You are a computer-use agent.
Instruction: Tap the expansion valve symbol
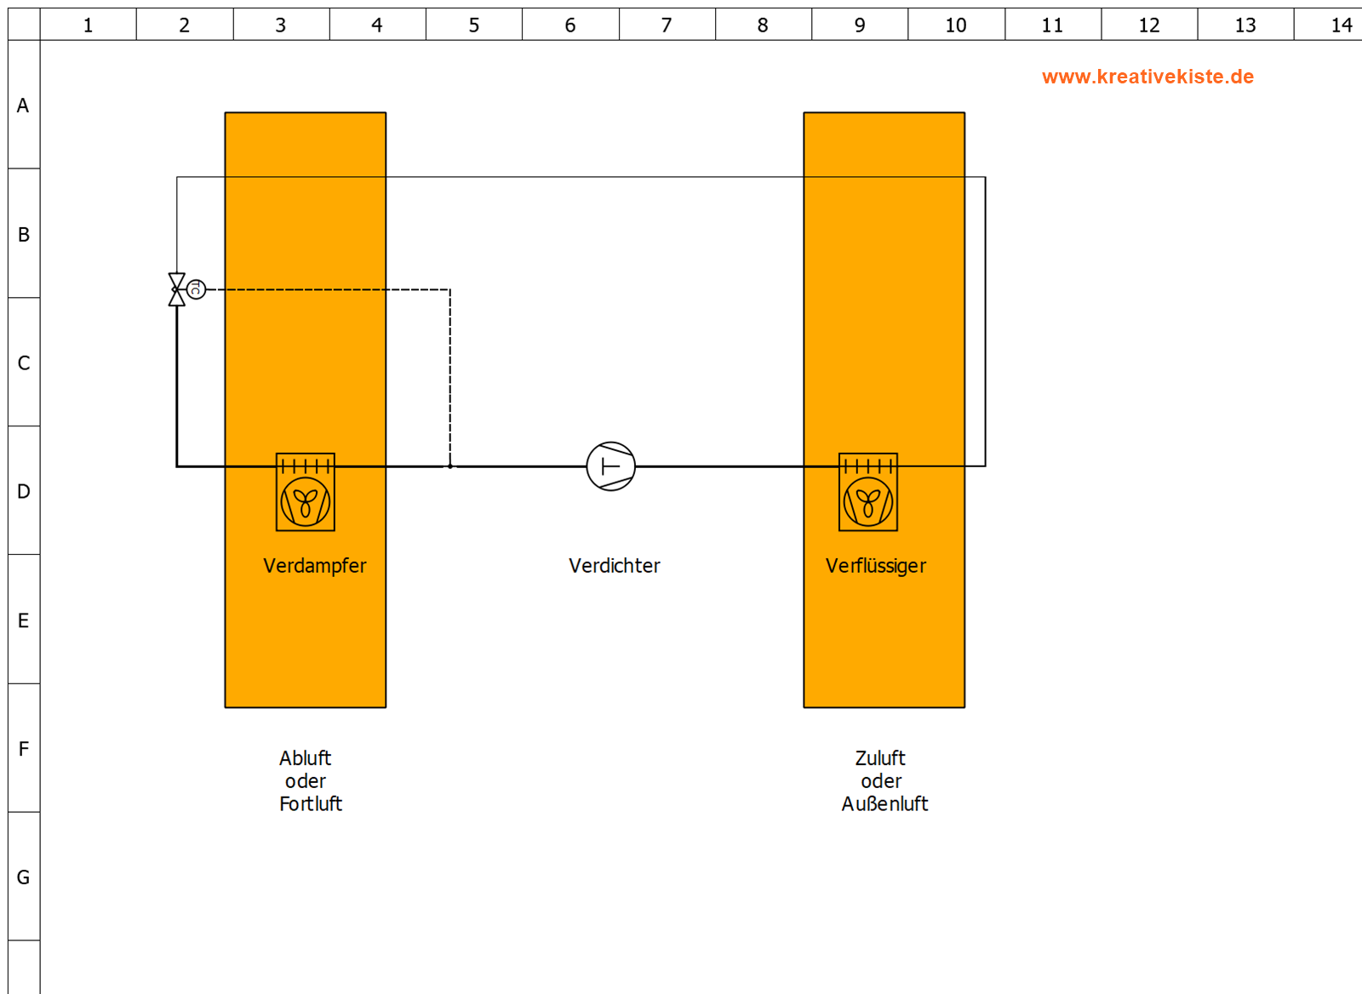tap(177, 289)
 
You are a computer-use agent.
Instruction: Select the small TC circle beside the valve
tap(196, 289)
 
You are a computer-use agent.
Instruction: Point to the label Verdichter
tap(614, 566)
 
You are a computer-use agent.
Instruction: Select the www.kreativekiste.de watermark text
tap(1147, 77)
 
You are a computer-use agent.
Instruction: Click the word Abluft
tap(306, 758)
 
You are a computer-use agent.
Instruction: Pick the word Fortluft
tap(311, 803)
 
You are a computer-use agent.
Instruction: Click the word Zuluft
tap(880, 758)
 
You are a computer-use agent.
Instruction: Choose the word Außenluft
tap(884, 803)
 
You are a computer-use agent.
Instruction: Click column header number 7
tap(667, 25)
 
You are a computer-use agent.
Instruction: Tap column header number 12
tap(1148, 25)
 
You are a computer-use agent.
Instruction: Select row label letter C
tap(24, 363)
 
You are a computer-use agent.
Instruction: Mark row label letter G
tap(23, 877)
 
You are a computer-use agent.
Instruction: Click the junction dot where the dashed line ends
tap(450, 466)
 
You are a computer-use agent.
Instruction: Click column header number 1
tap(89, 25)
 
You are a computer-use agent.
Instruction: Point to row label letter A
tap(23, 106)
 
